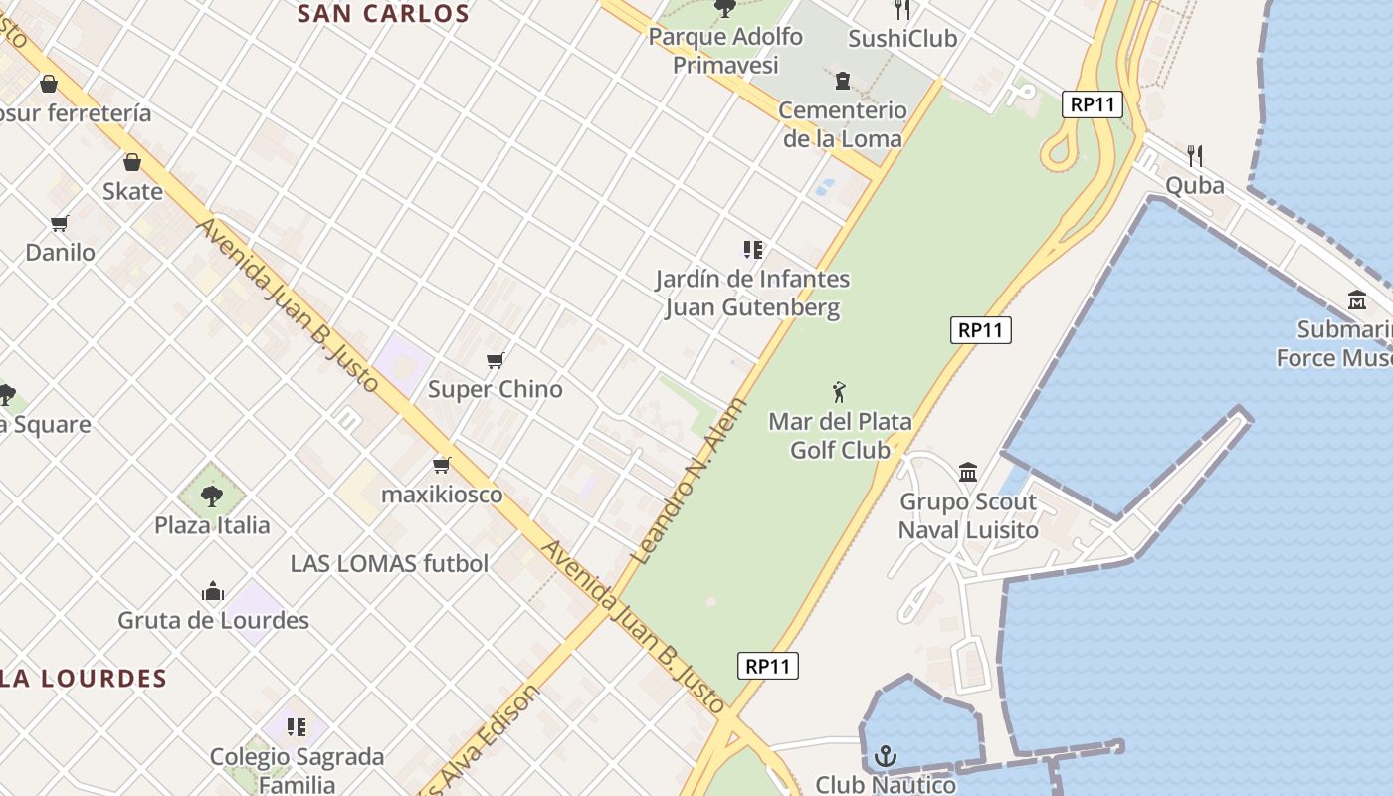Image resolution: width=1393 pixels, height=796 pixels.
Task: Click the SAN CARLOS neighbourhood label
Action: (x=383, y=13)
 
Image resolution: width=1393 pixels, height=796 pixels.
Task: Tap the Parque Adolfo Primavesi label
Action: (x=725, y=51)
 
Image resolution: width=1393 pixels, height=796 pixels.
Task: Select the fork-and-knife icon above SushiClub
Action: (x=902, y=9)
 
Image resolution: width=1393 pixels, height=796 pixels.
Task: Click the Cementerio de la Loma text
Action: (x=843, y=124)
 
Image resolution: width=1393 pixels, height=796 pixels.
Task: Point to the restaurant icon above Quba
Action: (x=1195, y=155)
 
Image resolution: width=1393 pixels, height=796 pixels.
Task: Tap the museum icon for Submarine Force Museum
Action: (x=1357, y=299)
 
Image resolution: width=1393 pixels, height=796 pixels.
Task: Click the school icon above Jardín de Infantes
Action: (x=752, y=249)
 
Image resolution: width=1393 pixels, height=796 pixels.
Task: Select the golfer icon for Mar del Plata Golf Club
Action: (x=840, y=392)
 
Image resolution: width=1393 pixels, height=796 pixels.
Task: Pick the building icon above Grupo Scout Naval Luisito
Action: (x=967, y=472)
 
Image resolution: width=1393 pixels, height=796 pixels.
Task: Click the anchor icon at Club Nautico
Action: (x=885, y=757)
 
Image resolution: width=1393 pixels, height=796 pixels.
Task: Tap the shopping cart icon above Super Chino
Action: (x=496, y=360)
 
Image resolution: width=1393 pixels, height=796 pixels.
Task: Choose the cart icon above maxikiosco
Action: (x=442, y=465)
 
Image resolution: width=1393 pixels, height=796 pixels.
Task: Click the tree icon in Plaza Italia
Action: (x=211, y=495)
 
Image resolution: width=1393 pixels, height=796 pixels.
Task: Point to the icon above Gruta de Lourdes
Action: (x=212, y=592)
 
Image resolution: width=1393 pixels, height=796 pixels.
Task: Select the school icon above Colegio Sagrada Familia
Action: (x=296, y=727)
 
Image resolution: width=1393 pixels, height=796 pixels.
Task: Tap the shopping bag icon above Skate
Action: (x=132, y=162)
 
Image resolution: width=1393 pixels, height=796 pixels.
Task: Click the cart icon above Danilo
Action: (x=60, y=224)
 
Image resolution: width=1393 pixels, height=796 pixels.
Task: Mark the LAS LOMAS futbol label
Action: (x=389, y=563)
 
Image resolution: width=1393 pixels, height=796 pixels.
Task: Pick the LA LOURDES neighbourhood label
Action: (x=84, y=679)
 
